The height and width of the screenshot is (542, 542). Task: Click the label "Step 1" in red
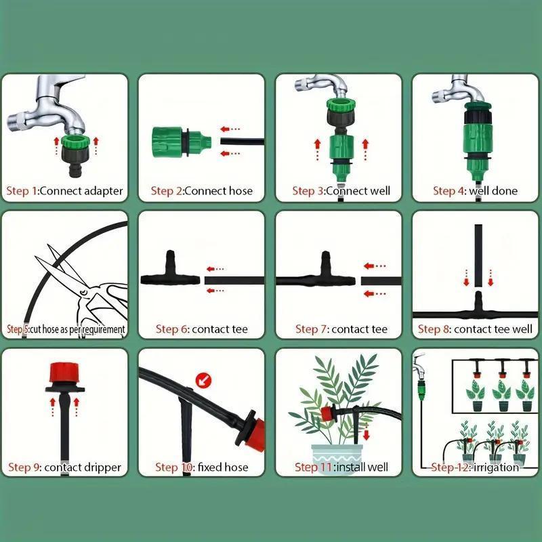[22, 191]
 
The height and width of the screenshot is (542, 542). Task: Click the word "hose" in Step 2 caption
[238, 191]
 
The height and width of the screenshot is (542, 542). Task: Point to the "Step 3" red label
[308, 191]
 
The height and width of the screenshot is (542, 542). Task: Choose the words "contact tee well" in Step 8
[493, 329]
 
